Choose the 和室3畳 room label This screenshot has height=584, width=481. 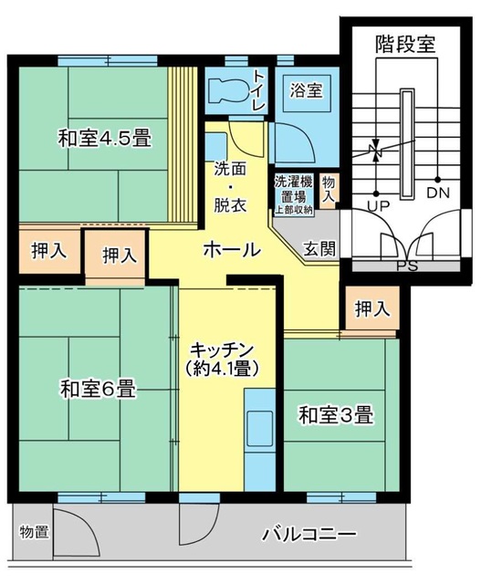336,415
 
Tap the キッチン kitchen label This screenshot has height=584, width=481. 223,350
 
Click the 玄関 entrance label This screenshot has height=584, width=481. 319,248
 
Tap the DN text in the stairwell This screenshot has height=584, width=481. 439,193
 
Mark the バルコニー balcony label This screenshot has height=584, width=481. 308,534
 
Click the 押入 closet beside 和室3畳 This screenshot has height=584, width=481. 371,309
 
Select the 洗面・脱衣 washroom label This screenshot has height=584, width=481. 230,187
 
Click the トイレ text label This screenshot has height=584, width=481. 259,92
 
